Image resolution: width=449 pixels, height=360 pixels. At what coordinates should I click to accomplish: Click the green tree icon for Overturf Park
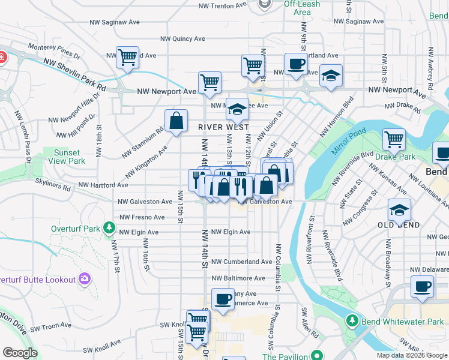[x=109, y=227]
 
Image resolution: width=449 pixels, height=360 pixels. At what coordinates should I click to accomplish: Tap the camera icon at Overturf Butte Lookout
[x=85, y=279]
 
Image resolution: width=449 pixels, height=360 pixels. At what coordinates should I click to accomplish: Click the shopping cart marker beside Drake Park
[x=394, y=139]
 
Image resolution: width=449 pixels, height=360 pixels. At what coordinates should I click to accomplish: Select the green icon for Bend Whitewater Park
[x=352, y=322]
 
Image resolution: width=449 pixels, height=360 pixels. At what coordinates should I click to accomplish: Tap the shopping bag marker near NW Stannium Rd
[x=176, y=120]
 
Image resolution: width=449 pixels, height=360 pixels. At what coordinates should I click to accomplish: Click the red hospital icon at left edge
[x=2, y=58]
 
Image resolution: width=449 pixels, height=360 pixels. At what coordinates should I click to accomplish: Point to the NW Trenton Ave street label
[x=223, y=5]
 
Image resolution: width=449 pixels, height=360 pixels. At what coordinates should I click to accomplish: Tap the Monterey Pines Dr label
[x=55, y=50]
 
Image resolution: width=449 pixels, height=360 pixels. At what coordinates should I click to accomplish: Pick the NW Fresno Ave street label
[x=142, y=217]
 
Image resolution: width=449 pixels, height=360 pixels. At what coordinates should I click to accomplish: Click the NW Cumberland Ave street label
[x=241, y=262]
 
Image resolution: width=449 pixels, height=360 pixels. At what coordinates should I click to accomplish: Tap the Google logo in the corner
[x=20, y=353]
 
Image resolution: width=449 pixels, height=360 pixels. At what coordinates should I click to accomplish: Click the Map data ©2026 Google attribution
[x=411, y=355]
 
